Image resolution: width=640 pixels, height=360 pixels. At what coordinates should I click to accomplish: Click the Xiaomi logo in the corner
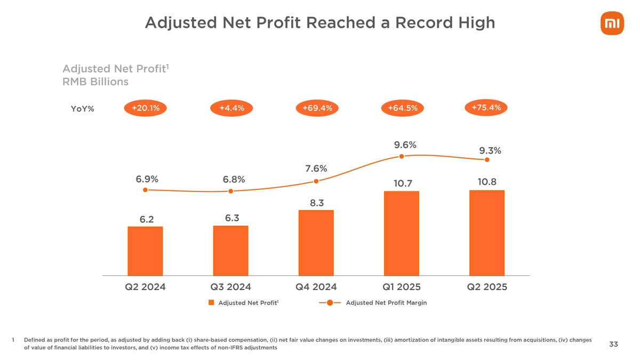pos(610,25)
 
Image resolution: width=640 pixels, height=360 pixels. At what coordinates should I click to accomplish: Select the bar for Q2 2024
pos(145,251)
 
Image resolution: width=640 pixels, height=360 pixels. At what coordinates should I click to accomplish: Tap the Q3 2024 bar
pos(230,250)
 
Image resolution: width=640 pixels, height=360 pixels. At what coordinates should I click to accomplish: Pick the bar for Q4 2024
pos(316,243)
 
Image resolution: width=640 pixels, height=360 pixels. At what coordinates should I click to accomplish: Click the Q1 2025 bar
pos(402,233)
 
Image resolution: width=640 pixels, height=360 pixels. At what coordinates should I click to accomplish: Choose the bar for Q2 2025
pos(487,233)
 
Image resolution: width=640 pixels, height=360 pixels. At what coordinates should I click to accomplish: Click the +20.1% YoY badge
pos(145,108)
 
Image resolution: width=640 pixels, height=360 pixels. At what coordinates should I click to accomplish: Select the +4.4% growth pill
pos(231,108)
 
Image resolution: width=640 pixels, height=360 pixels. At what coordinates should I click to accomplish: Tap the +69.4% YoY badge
pos(317,108)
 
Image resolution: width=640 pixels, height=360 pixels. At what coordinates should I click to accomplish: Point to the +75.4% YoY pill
pos(486,107)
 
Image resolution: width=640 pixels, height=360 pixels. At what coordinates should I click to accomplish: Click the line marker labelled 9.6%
pos(402,156)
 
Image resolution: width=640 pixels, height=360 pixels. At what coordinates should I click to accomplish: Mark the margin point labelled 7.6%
pos(316,181)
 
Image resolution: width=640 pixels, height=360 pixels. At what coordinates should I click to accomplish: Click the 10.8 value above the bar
pos(486,182)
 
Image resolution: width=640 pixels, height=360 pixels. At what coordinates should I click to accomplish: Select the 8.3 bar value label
pos(317,203)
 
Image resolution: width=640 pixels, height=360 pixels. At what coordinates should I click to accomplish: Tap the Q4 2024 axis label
pos(316,287)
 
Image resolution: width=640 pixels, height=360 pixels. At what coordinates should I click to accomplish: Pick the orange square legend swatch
pos(211,303)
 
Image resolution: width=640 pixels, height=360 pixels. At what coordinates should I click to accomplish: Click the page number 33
pos(613,344)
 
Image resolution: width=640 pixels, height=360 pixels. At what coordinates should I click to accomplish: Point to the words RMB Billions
pos(95,82)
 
